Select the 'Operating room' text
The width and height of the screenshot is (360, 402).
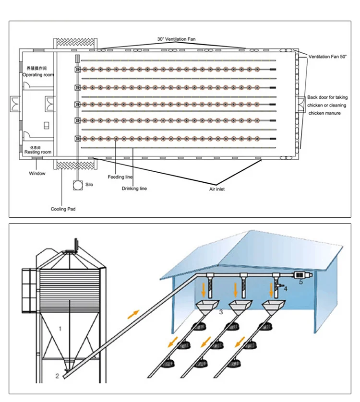tap(38, 75)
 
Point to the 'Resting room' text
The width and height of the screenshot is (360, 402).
tap(38, 152)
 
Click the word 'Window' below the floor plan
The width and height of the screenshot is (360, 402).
tap(37, 173)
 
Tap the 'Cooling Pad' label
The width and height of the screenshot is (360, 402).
tap(63, 209)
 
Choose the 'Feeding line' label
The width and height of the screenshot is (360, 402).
tap(120, 177)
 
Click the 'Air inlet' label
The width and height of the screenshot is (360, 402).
tap(216, 189)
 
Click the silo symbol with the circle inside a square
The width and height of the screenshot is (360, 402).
tap(77, 185)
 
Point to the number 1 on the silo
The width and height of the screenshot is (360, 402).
tap(60, 329)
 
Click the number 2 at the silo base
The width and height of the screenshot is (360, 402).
tap(57, 376)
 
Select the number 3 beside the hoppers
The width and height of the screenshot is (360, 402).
tap(221, 312)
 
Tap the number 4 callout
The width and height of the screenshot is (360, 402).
tap(286, 289)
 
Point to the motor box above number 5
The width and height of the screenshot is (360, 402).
tap(301, 275)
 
